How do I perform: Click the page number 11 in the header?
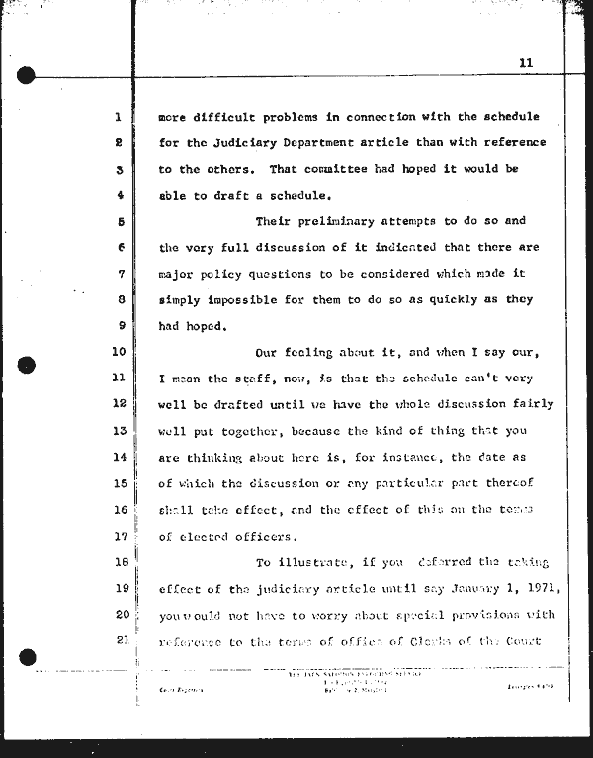525,62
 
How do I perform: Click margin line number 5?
118,221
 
